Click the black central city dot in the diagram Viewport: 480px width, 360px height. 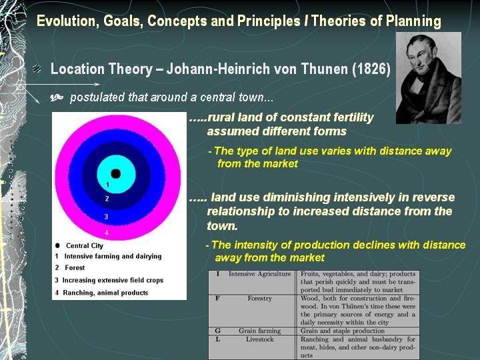click(115, 173)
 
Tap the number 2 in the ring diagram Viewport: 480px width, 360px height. click(107, 199)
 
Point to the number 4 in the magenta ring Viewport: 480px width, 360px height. click(107, 233)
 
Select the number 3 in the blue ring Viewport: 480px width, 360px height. click(107, 216)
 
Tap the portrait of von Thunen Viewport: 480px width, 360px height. click(428, 77)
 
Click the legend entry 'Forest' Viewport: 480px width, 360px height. click(75, 268)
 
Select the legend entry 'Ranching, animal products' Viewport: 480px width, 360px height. click(106, 293)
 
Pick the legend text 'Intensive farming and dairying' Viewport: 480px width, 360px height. click(113, 256)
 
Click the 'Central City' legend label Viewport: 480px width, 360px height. click(84, 245)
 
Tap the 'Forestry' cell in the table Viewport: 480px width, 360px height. click(259, 299)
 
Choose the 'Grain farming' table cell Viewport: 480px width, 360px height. click(259, 331)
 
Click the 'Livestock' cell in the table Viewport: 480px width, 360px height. click(259, 339)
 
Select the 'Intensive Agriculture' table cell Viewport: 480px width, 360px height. click(259, 274)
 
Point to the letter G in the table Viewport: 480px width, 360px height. click(218, 331)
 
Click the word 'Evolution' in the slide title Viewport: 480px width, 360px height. click(64, 21)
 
